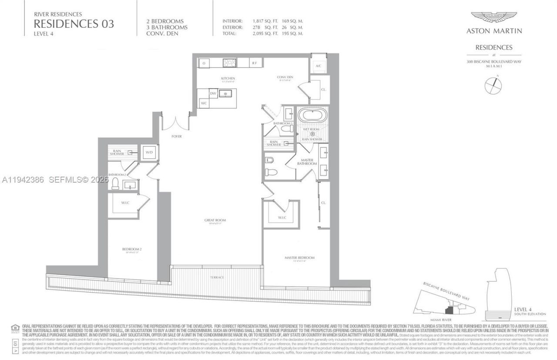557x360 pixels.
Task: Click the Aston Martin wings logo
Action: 494,17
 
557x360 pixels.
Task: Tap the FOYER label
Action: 177,137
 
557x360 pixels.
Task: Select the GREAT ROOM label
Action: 215,220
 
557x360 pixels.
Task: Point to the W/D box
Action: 149,153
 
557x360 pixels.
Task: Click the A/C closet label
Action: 318,66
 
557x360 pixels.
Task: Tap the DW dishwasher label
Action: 213,93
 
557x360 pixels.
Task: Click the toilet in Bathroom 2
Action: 115,184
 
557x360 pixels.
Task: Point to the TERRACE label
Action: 217,277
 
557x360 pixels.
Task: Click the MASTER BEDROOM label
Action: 299,258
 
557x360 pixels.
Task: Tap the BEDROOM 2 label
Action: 131,250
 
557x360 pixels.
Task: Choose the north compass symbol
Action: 493,85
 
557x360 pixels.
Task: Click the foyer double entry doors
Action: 176,123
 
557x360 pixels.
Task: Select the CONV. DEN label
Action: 285,77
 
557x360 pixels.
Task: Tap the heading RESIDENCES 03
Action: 74,23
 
